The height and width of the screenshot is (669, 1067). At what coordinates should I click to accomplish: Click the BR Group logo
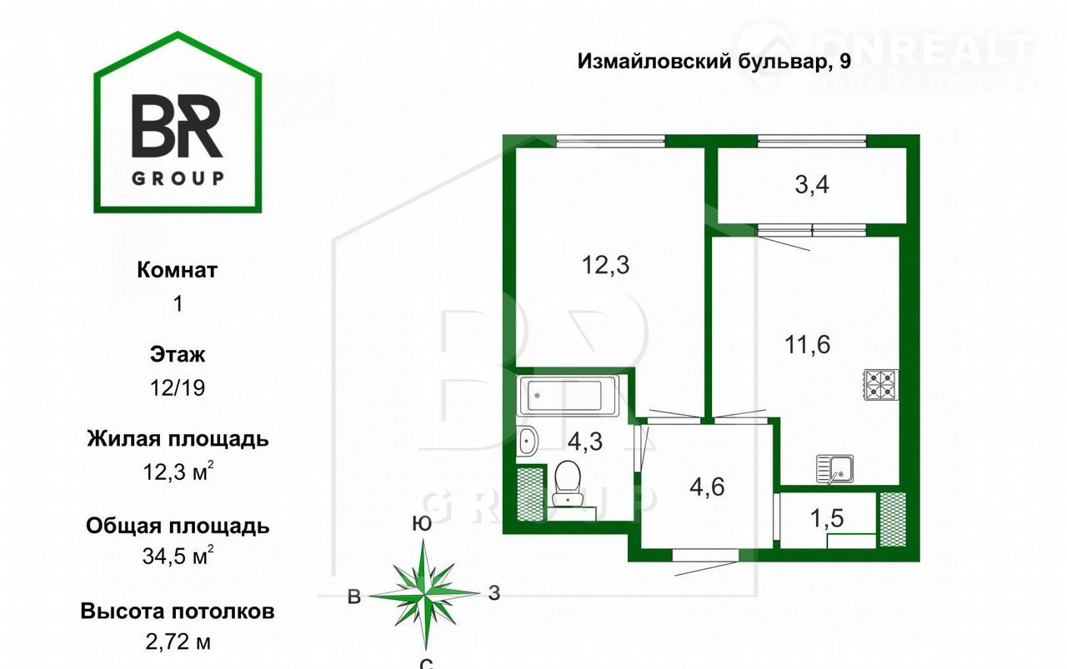(x=178, y=122)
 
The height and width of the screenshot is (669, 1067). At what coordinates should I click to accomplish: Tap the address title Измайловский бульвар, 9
(x=714, y=62)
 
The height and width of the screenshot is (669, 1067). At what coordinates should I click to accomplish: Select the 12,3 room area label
(x=605, y=265)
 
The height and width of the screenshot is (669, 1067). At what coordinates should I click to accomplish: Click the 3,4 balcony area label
(x=812, y=185)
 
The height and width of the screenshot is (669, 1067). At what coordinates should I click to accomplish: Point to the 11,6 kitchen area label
(x=808, y=344)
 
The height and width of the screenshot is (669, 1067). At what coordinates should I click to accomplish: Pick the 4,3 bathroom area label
(x=585, y=442)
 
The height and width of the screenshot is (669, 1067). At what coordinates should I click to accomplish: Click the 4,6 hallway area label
(x=707, y=487)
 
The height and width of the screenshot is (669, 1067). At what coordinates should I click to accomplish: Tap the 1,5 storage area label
(x=827, y=518)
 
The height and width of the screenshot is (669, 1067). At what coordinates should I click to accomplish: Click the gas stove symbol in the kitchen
(x=882, y=385)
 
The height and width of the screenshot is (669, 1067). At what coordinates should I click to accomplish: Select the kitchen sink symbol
(x=834, y=468)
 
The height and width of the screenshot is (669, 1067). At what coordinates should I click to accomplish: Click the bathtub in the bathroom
(x=568, y=395)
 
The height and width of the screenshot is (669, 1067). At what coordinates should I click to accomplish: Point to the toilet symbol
(x=568, y=483)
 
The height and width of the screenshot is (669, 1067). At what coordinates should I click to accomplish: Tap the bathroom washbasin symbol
(x=528, y=441)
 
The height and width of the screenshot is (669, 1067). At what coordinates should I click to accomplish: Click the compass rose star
(x=424, y=594)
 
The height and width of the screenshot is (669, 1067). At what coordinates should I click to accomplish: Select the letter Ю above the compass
(x=422, y=523)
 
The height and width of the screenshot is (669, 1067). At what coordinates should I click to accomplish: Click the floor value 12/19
(x=178, y=388)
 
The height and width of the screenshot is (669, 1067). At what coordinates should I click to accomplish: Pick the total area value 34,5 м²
(x=178, y=555)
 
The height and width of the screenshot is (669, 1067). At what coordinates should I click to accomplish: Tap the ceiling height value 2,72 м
(x=178, y=642)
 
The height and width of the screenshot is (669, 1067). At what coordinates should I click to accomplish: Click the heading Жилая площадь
(x=178, y=439)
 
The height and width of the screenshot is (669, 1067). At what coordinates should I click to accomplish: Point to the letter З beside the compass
(x=494, y=593)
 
